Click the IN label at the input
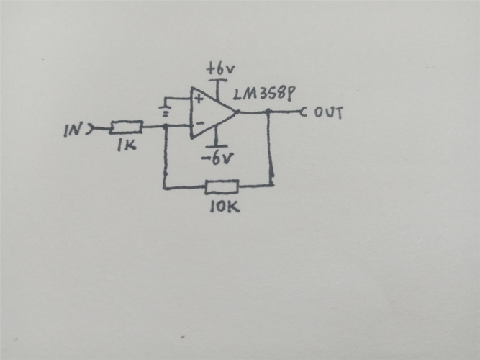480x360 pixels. coord(72,130)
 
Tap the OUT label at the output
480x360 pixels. coord(329,113)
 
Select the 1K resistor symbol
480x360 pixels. coord(126,127)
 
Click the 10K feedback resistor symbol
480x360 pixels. coord(222,186)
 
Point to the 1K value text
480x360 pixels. coord(127,145)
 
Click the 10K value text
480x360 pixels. coord(225,207)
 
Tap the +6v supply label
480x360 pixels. coord(221,70)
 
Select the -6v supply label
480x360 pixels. coord(217,158)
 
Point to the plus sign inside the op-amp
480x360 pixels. coord(199,99)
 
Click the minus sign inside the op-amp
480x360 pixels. coord(200,123)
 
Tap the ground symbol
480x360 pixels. coord(166,112)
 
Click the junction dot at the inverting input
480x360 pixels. coord(166,126)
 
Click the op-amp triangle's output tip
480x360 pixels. coord(237,112)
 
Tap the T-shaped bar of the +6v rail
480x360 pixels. coord(218,81)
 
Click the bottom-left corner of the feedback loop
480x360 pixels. coord(164,187)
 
